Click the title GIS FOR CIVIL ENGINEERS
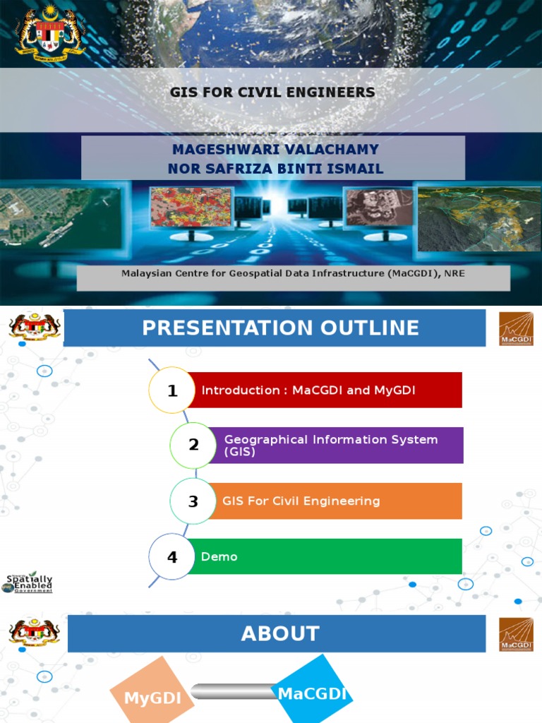tap(272, 92)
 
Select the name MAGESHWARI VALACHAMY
tap(275, 150)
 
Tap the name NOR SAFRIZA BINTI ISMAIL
tap(275, 168)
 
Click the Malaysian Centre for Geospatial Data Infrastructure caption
tap(293, 273)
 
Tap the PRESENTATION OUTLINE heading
tap(280, 328)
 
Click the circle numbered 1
tap(171, 390)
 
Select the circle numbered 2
tap(193, 445)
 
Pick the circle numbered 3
tap(193, 501)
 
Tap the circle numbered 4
tap(171, 557)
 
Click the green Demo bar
tap(325, 557)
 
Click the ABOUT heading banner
tap(280, 633)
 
